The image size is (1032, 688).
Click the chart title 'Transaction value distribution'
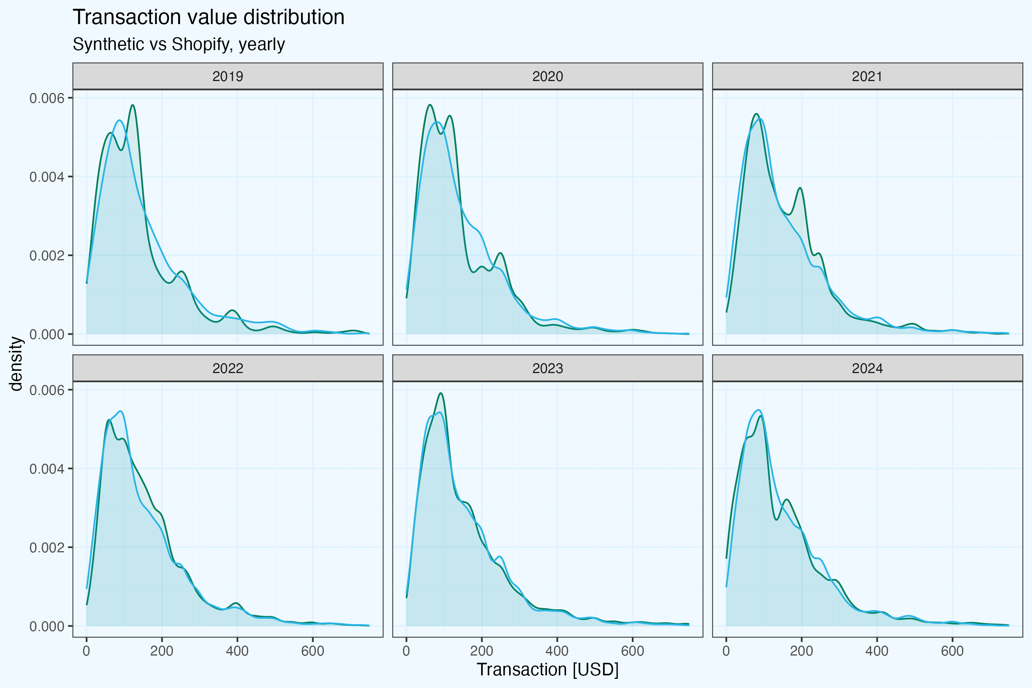click(208, 18)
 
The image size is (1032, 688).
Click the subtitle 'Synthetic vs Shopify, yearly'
click(178, 44)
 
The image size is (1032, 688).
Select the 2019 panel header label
click(228, 76)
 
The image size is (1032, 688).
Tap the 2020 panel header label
click(548, 76)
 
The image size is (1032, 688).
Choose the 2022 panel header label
click(228, 368)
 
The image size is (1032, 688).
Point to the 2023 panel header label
click(548, 368)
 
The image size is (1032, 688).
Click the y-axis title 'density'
click(16, 363)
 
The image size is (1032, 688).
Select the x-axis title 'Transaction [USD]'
click(548, 670)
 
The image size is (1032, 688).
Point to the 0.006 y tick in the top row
click(47, 98)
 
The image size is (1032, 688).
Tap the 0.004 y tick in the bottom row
click(47, 469)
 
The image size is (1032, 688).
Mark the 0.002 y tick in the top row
click(47, 256)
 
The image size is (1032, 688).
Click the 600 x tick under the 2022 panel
click(313, 651)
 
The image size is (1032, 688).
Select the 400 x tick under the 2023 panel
click(557, 651)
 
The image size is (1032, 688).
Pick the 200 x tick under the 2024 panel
click(802, 651)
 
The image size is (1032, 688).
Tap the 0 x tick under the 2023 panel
click(406, 651)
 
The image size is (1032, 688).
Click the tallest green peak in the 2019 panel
click(133, 105)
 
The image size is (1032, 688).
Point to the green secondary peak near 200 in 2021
click(800, 188)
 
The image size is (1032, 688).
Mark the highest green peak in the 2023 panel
click(441, 393)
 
